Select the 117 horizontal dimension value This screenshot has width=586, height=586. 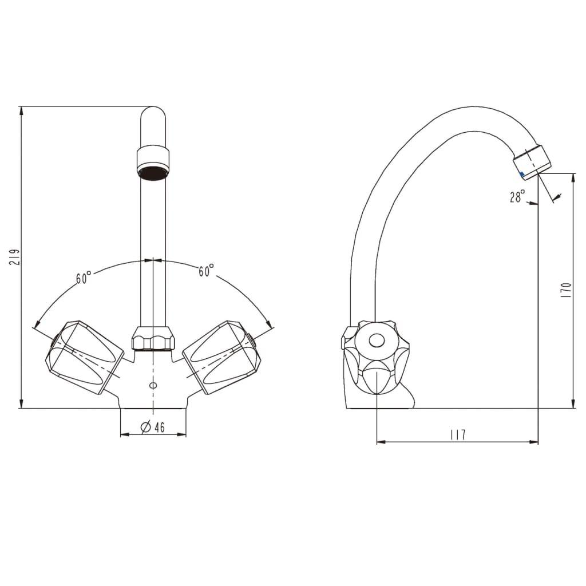pos(457,435)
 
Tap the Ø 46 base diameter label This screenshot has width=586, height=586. pos(152,427)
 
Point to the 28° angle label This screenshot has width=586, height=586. pos(517,197)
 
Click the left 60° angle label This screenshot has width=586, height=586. pos(84,278)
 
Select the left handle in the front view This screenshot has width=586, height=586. pos(84,356)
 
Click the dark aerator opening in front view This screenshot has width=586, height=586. pos(153,173)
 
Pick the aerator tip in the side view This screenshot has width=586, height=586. pos(532,161)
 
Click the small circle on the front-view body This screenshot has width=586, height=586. pos(153,385)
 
